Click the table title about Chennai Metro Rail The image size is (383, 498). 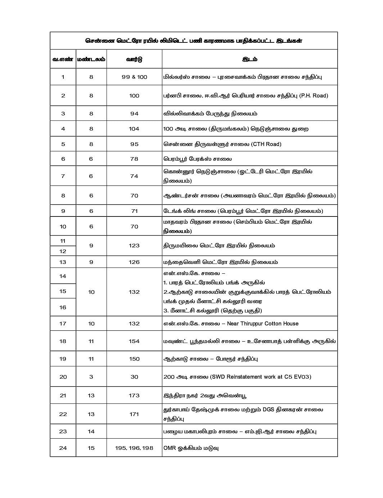(194, 41)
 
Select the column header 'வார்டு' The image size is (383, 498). (134, 59)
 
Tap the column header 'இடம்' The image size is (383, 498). (249, 59)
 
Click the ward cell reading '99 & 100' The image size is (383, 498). (134, 77)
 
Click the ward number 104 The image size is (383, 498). (134, 129)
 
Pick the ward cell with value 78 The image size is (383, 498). (134, 159)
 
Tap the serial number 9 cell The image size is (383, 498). (63, 211)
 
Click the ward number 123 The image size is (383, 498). (134, 246)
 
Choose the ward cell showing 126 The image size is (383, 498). (134, 262)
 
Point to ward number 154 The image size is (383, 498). (134, 341)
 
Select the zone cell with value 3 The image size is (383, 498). (91, 377)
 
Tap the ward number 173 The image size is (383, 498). (134, 396)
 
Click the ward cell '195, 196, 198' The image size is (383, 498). (134, 448)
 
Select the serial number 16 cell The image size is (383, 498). (63, 307)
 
